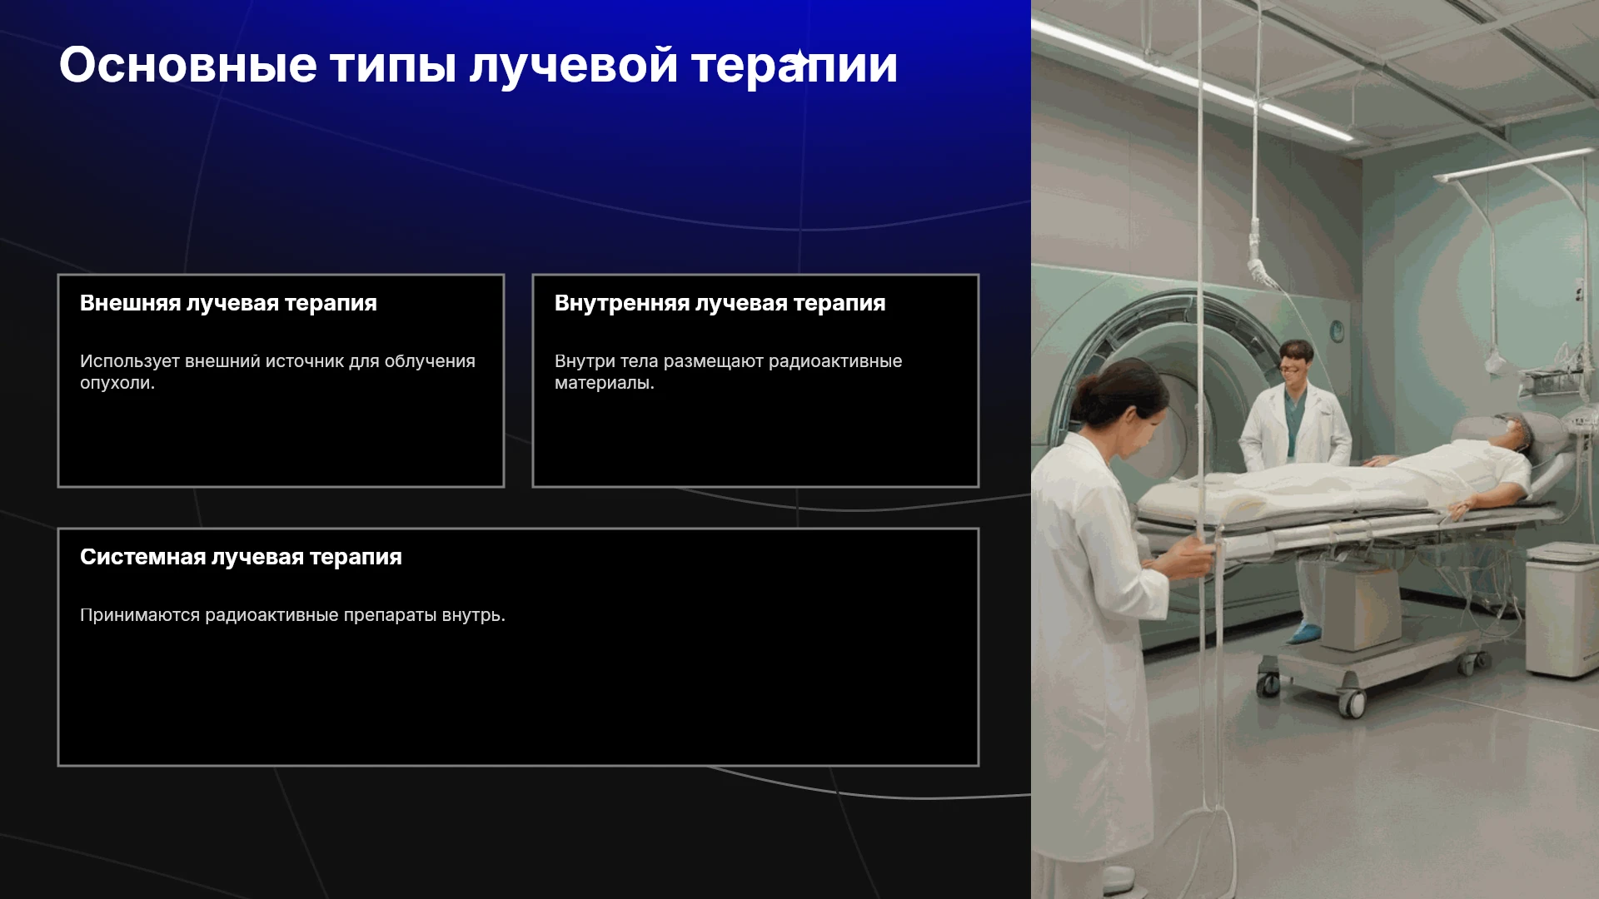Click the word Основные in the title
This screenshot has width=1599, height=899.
point(188,65)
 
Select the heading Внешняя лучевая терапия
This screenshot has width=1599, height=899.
point(228,303)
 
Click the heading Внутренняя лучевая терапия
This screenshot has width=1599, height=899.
point(720,303)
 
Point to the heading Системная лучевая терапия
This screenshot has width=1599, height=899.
point(241,557)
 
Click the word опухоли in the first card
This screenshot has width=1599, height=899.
point(115,384)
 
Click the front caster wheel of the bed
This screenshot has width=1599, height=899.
point(1352,704)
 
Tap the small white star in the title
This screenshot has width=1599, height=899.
point(799,61)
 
